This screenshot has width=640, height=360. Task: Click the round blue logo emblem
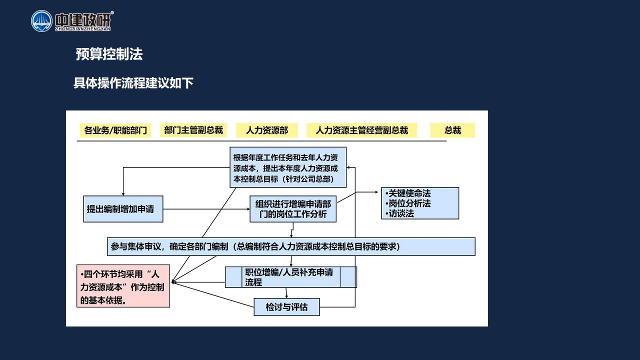(x=41, y=21)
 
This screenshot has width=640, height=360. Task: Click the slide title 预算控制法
(x=109, y=54)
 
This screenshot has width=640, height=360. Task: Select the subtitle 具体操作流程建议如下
(x=133, y=83)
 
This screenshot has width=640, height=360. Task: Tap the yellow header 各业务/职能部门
(x=115, y=130)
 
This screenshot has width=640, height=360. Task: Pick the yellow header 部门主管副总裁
(x=193, y=130)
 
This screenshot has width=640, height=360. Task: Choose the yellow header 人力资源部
(x=267, y=130)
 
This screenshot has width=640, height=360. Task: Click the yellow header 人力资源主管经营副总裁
(x=361, y=130)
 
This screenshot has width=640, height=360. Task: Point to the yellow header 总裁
(x=452, y=130)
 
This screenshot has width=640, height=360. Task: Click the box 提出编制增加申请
(x=123, y=209)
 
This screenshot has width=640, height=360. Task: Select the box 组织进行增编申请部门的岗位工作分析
(x=293, y=209)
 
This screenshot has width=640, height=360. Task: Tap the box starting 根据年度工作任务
(x=288, y=167)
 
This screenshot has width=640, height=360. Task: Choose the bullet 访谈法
(x=399, y=213)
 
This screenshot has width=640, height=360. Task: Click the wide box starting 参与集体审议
(x=291, y=246)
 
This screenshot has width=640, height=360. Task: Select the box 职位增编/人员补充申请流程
(x=291, y=277)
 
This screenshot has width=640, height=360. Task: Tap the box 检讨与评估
(x=286, y=307)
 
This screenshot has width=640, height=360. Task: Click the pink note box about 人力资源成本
(x=123, y=286)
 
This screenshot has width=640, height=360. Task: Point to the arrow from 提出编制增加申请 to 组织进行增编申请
(x=206, y=209)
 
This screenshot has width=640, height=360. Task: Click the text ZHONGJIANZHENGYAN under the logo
(x=83, y=29)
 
